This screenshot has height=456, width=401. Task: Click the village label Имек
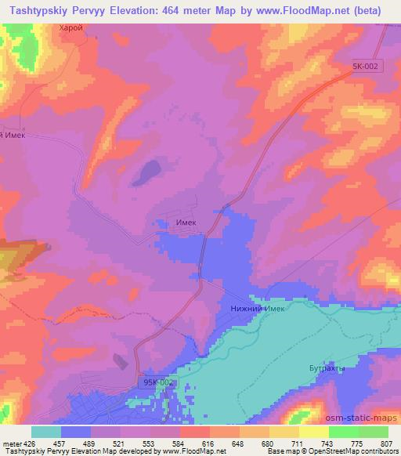pyautogui.click(x=186, y=223)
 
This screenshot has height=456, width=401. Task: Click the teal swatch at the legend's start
pyautogui.click(x=45, y=432)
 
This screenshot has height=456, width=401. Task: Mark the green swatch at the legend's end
pyautogui.click(x=373, y=432)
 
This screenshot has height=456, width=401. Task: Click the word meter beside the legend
pyautogui.click(x=11, y=443)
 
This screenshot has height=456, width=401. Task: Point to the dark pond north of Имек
pyautogui.click(x=146, y=172)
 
